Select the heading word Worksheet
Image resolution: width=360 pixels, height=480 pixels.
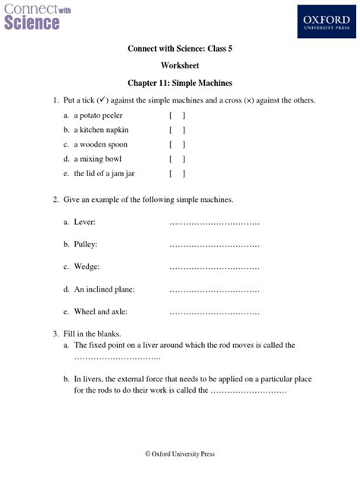[180, 66]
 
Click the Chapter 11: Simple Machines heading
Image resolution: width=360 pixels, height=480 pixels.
[180, 83]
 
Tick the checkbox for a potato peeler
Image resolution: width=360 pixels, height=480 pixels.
[178, 115]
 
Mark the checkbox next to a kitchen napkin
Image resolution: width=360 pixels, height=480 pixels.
[178, 130]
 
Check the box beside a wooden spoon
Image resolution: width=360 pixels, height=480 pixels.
[178, 144]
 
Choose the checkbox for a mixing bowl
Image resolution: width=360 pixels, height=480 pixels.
[178, 159]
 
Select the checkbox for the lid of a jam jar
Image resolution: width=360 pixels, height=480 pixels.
[178, 173]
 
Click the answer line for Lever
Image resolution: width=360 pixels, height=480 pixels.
[214, 223]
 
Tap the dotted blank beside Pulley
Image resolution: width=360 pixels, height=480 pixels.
[214, 245]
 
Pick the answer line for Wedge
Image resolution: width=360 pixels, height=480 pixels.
[214, 267]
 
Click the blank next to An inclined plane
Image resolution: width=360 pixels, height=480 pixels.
[214, 290]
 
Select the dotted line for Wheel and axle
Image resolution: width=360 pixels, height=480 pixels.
[214, 312]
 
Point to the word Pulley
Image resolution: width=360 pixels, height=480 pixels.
[86, 245]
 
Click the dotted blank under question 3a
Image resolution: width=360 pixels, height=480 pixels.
[117, 358]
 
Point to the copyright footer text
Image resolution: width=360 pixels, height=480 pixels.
[180, 453]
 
